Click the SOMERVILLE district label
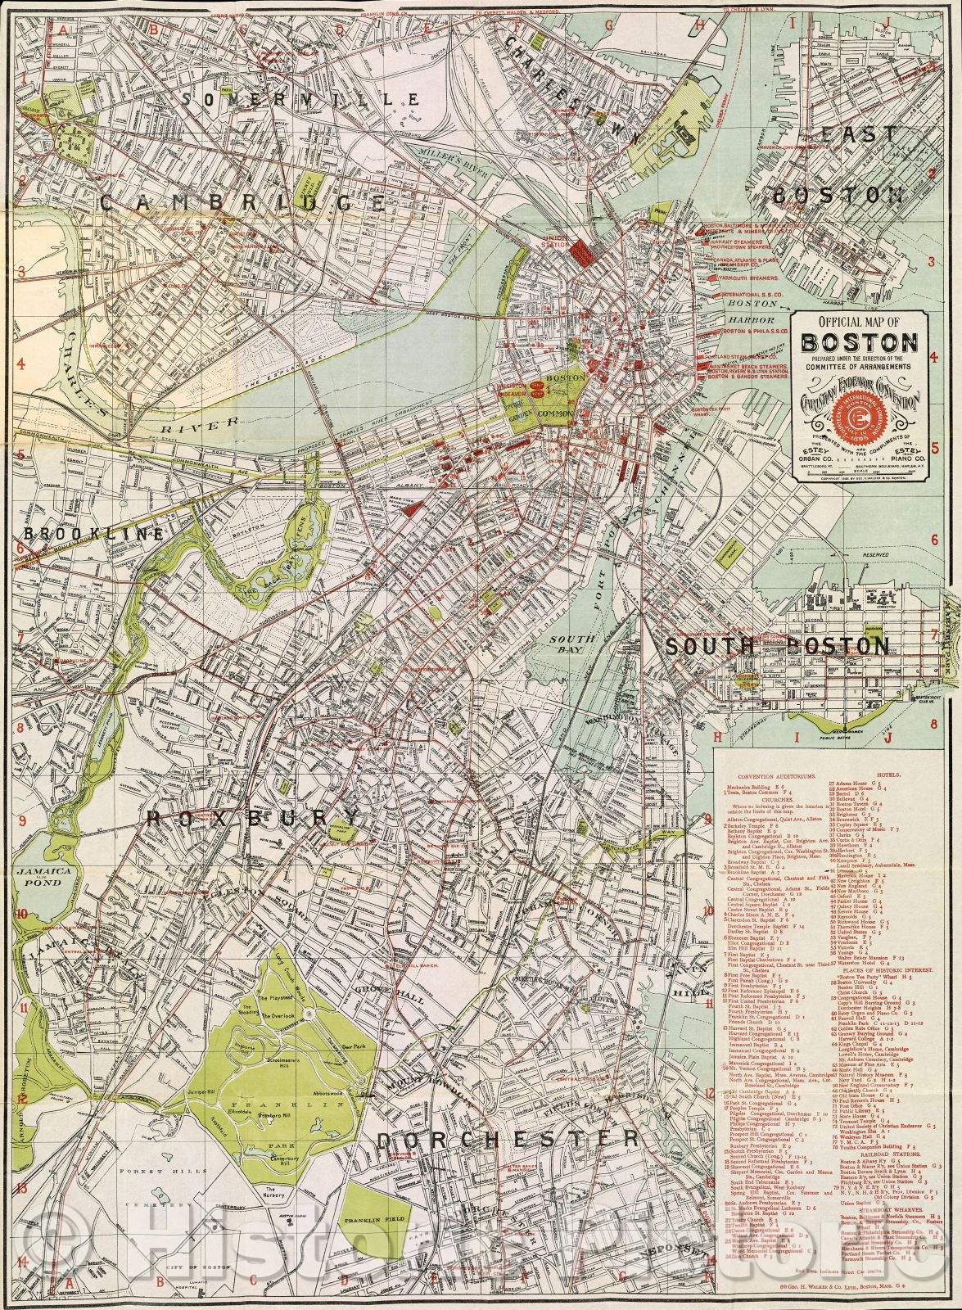[302, 99]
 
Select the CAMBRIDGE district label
[243, 202]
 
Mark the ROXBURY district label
[253, 818]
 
